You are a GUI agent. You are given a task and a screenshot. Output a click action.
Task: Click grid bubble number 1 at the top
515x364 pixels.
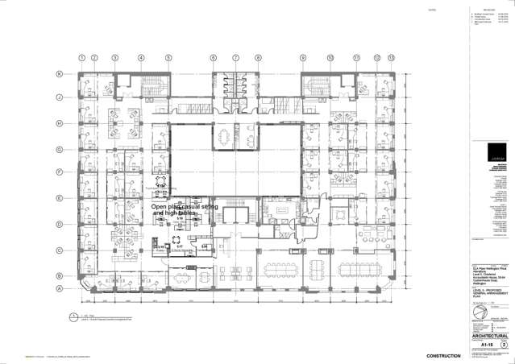81,58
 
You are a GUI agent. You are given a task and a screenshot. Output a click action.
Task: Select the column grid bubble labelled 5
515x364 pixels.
168,58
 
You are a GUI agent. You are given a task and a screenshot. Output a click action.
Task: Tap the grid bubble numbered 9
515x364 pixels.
303,58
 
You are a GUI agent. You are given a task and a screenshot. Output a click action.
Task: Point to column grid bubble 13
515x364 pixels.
391,58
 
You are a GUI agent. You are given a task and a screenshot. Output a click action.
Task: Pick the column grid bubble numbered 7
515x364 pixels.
236,58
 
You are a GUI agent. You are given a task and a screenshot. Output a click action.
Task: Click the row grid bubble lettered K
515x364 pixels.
59,74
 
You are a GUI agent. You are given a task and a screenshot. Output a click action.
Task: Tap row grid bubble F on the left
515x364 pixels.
59,172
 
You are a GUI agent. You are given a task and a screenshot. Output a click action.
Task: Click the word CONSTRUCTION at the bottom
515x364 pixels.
443,355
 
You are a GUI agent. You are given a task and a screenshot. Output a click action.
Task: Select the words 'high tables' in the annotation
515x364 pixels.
176,213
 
